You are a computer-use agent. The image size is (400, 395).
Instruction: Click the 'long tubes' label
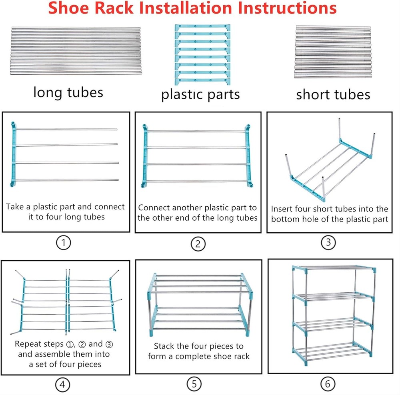click(68, 92)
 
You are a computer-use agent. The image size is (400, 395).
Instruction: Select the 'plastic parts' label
click(200, 94)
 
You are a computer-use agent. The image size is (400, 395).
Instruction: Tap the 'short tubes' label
click(333, 94)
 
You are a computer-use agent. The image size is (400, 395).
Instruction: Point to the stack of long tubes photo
click(75, 51)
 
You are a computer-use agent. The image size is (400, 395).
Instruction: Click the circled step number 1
click(63, 243)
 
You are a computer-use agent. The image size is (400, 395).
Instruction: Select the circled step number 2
click(198, 244)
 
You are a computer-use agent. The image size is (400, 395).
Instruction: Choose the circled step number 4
click(62, 384)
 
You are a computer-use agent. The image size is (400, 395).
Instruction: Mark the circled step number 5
click(194, 384)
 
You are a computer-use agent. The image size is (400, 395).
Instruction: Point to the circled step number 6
click(328, 384)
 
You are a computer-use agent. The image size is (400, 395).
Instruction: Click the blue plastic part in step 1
click(13, 154)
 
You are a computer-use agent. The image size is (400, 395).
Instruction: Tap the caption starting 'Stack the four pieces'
click(198, 351)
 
